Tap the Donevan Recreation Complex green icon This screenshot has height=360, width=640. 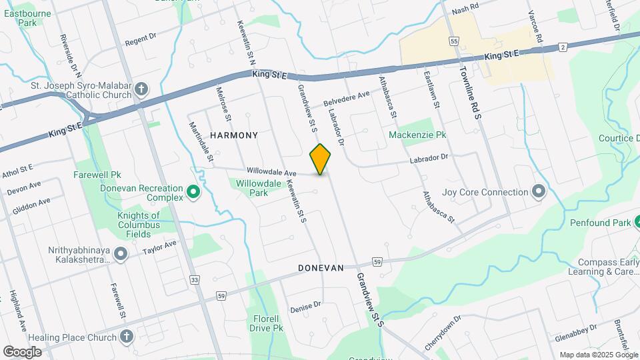193,193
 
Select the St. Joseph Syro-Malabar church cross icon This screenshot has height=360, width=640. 141,89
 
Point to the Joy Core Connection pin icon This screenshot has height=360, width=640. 539,193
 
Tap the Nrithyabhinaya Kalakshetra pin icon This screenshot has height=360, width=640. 121,253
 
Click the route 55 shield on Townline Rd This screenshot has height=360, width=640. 454,41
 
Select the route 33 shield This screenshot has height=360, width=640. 194,280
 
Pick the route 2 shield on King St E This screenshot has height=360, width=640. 563,47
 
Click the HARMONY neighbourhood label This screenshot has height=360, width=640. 234,135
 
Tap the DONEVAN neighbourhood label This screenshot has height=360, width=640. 321,268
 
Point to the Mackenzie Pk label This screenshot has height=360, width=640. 418,135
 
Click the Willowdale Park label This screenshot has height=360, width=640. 249,187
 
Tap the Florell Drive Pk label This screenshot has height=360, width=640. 267,323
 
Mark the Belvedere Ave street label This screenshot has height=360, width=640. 347,99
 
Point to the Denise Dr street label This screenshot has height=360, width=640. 305,307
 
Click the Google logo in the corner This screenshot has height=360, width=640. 22,351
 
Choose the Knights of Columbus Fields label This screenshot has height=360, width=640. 139,220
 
